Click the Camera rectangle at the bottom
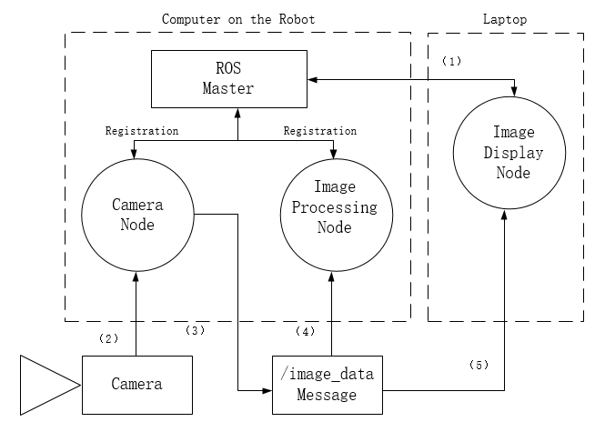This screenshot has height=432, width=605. (137, 384)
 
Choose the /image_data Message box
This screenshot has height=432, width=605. (328, 384)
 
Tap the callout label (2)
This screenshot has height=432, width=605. (108, 338)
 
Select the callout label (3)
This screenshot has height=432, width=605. (195, 329)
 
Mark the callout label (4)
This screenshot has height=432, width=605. (306, 331)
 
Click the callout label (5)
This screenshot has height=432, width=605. (479, 365)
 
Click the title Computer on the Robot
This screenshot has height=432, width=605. (237, 17)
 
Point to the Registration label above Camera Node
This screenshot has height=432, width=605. (142, 131)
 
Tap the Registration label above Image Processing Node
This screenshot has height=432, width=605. (320, 131)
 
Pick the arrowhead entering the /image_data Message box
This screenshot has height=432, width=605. (267, 391)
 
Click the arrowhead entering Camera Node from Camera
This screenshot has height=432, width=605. (136, 282)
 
